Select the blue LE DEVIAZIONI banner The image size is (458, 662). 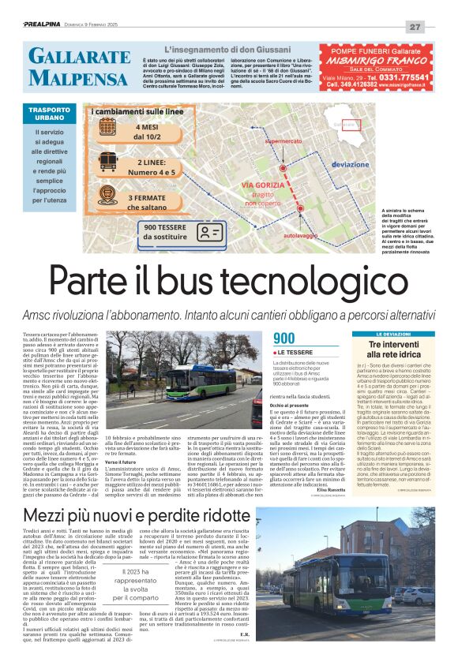point(394,335)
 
